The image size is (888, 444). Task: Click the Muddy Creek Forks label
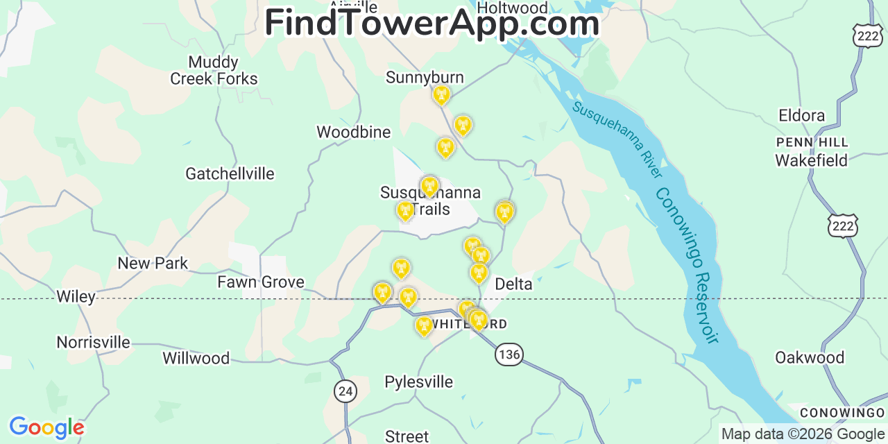pyautogui.click(x=214, y=71)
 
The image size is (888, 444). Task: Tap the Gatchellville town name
pyautogui.click(x=230, y=173)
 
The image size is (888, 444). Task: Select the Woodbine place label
pyautogui.click(x=353, y=132)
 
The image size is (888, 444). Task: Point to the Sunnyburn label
pyautogui.click(x=425, y=77)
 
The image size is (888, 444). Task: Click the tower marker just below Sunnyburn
pyautogui.click(x=441, y=95)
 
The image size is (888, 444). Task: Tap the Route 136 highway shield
pyautogui.click(x=509, y=355)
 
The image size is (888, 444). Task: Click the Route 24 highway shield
pyautogui.click(x=345, y=391)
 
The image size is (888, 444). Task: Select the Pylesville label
pyautogui.click(x=418, y=382)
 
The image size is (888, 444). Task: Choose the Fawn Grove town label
pyautogui.click(x=261, y=282)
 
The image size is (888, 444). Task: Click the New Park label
pyautogui.click(x=153, y=263)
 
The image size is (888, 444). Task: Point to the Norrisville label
pyautogui.click(x=93, y=342)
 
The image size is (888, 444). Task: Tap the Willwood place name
pyautogui.click(x=196, y=358)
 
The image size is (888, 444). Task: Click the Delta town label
pyautogui.click(x=513, y=284)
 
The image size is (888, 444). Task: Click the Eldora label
pyautogui.click(x=801, y=115)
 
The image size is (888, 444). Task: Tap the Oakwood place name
pyautogui.click(x=810, y=357)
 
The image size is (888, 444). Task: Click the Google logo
pyautogui.click(x=46, y=427)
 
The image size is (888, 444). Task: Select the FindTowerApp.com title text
pyautogui.click(x=432, y=22)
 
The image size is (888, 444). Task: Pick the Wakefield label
pyautogui.click(x=811, y=160)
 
